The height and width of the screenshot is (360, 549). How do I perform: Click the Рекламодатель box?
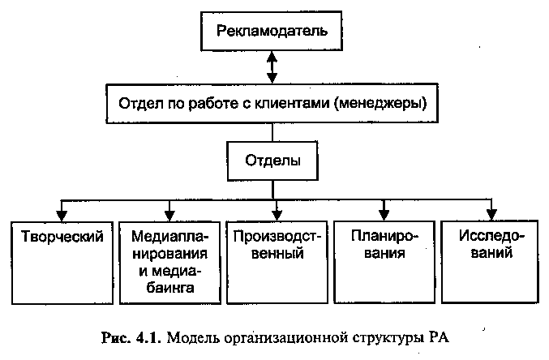pos(272,31)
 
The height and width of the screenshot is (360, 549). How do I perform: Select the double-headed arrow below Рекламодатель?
pos(272,67)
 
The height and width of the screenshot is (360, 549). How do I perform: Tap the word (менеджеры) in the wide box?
pos(380,104)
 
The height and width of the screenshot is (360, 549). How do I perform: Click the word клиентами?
pos(292,103)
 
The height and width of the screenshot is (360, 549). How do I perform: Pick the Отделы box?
pos(272,161)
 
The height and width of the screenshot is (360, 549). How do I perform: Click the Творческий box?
pos(62,263)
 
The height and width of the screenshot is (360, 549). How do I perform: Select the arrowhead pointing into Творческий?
pos(62,216)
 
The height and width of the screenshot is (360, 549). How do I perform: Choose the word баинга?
pos(170,288)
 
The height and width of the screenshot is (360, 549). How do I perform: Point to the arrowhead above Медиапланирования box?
pos(169,216)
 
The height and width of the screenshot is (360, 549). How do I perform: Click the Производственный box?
pos(277,262)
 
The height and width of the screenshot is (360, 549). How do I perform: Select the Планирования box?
pos(384,262)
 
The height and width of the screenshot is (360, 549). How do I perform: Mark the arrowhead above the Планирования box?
pos(384,215)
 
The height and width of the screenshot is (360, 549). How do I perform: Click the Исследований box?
pos(490,262)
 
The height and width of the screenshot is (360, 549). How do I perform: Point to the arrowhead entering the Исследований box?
pos(491,215)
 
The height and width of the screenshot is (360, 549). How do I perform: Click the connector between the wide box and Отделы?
pos(272,132)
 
